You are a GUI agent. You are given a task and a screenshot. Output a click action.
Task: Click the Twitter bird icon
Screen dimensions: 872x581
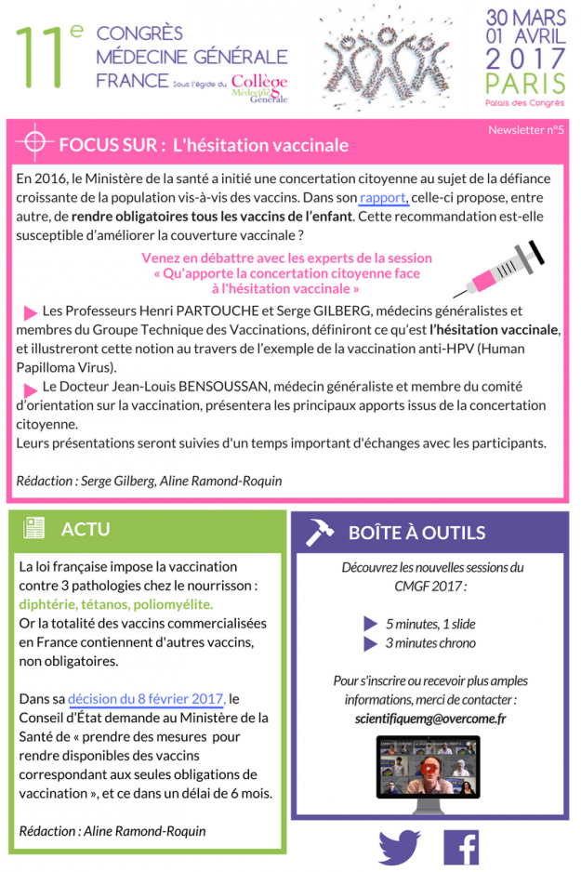point(400,848)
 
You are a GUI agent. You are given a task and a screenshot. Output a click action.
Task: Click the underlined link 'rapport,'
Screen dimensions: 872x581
point(384,198)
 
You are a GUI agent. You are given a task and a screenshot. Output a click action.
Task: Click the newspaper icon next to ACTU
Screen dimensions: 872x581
point(34,529)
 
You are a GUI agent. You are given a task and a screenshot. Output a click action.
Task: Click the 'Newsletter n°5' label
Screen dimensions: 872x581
point(526,130)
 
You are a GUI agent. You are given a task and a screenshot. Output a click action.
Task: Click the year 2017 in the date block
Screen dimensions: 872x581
point(525,59)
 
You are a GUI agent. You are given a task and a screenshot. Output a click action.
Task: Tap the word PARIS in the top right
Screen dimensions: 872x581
point(525,85)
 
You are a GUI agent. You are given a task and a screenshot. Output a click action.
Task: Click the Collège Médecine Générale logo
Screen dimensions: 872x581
point(259,87)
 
